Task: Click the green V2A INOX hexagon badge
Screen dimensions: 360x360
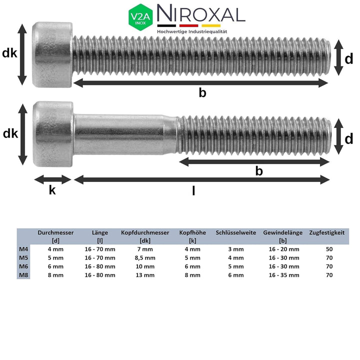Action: [x=141, y=16]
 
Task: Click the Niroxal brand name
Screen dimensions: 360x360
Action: [x=201, y=14]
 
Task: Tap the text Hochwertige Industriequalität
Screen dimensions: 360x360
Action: [x=192, y=31]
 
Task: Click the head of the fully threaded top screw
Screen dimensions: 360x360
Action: [x=52, y=54]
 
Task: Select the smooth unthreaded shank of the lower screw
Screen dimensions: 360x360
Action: [x=125, y=134]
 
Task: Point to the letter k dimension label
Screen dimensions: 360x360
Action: [x=52, y=190]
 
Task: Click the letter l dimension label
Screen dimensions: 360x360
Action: [x=193, y=190]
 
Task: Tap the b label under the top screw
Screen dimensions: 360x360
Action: [x=202, y=92]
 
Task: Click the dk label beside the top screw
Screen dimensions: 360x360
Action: [x=9, y=53]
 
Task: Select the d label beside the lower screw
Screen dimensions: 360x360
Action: [x=348, y=138]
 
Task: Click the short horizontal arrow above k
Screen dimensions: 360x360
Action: [x=52, y=179]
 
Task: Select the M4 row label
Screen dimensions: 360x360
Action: [x=23, y=249]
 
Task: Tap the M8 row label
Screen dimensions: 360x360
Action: [x=23, y=275]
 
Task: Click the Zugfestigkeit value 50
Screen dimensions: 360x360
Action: [x=328, y=249]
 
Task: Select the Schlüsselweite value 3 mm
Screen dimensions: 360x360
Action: [x=235, y=249]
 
